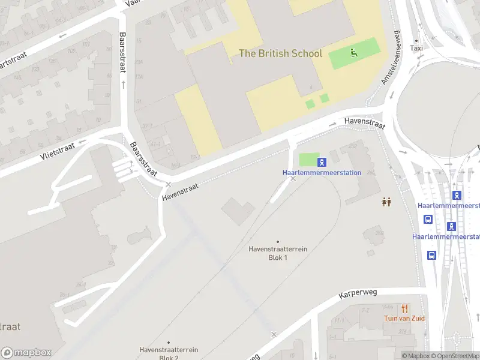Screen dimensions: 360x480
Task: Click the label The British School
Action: click(x=280, y=53)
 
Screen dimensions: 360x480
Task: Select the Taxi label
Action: click(x=416, y=48)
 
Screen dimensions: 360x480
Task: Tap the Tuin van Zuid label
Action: click(x=405, y=318)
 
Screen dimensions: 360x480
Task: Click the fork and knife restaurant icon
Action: click(x=405, y=308)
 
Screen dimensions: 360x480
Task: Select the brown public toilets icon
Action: click(x=386, y=202)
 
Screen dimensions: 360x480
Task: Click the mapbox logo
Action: click(x=26, y=352)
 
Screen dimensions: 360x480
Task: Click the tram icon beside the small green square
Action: click(x=322, y=161)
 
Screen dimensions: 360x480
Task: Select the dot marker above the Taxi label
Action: click(x=416, y=39)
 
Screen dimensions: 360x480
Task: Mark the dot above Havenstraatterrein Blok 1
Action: click(x=277, y=242)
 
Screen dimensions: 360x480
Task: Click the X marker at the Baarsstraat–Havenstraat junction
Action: click(x=169, y=184)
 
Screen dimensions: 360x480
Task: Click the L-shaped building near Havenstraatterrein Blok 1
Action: click(x=238, y=211)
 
